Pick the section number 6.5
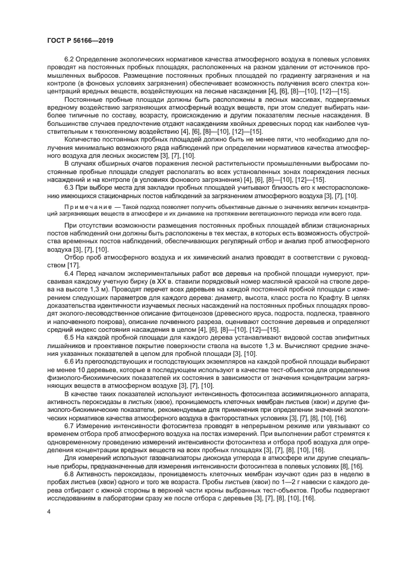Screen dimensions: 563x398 tap(70, 338)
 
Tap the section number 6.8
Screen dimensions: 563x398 tap(70, 474)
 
